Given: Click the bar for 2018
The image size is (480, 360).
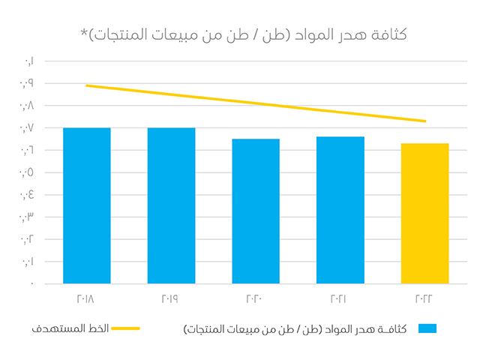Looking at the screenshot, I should click(87, 205).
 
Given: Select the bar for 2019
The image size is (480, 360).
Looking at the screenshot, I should click(171, 205).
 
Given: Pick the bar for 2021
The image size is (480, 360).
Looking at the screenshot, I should click(340, 210).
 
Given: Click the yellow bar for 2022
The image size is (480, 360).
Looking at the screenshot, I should click(424, 213).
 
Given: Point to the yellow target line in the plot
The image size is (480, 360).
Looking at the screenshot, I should click(256, 103).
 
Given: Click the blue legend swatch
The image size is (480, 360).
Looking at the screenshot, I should click(427, 328).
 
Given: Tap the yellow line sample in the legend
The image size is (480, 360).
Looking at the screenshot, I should click(125, 328).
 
